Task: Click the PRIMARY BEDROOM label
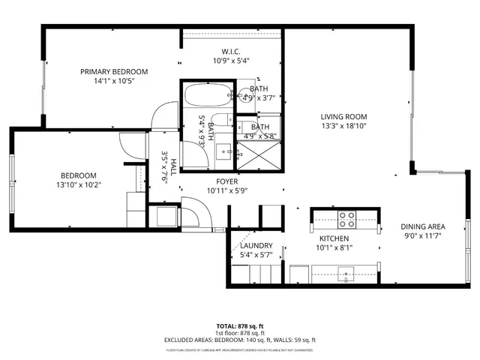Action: pyautogui.click(x=114, y=72)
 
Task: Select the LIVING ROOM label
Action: pyautogui.click(x=343, y=116)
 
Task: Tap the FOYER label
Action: pyautogui.click(x=226, y=181)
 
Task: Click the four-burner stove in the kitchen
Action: pyautogui.click(x=346, y=220)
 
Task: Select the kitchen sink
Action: pyautogui.click(x=346, y=271)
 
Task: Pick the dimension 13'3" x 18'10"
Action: pyautogui.click(x=343, y=126)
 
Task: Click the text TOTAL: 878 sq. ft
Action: pyautogui.click(x=240, y=325)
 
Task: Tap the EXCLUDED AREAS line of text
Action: pyautogui.click(x=240, y=340)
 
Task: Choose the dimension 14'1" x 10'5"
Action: pyautogui.click(x=114, y=81)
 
